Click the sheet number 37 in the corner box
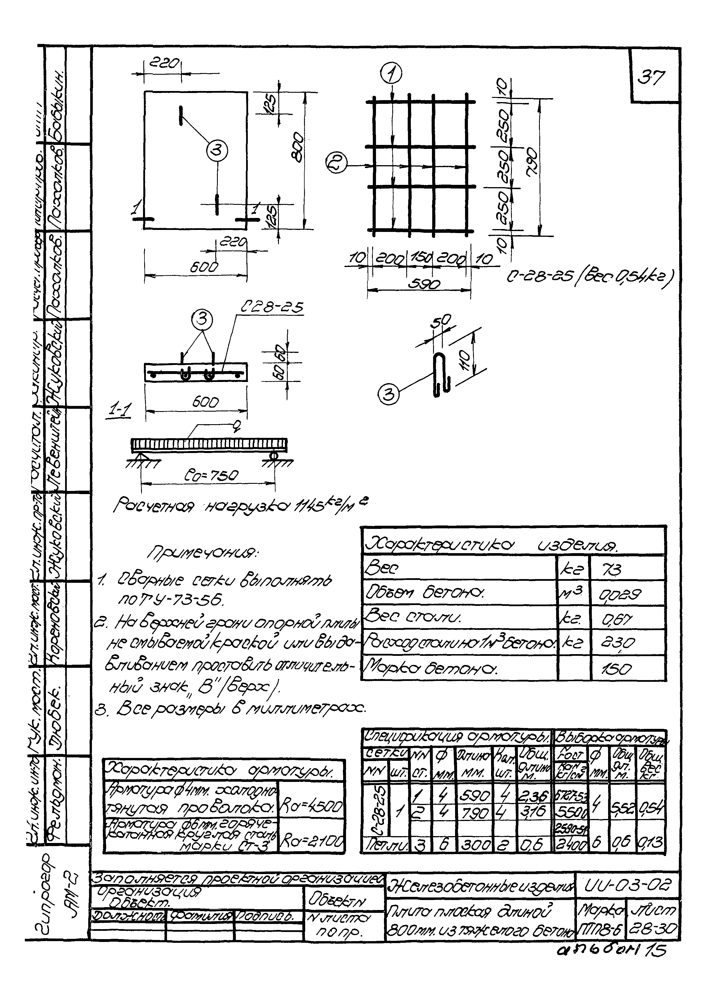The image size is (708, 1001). [x=653, y=78]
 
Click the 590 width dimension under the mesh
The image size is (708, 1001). [x=423, y=284]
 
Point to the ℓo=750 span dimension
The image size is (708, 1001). [x=208, y=474]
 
